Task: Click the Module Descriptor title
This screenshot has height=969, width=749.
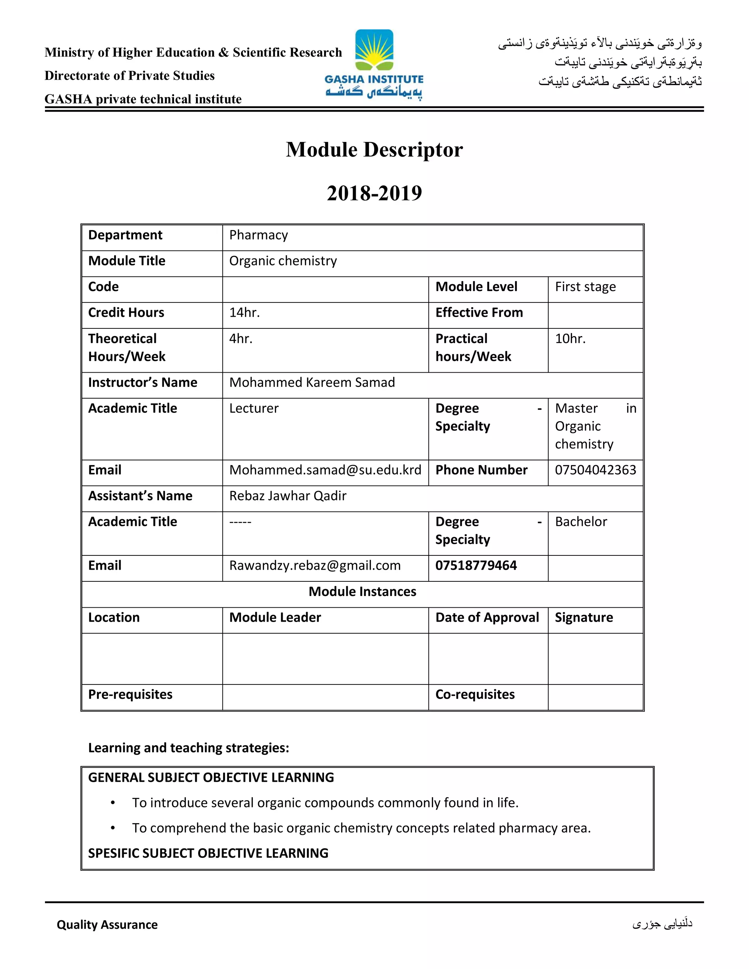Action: click(374, 150)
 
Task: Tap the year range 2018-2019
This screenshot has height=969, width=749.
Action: click(374, 193)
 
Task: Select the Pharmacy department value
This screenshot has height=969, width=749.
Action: click(258, 235)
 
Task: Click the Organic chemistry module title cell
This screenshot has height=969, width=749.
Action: click(283, 261)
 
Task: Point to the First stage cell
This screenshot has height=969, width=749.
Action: click(585, 287)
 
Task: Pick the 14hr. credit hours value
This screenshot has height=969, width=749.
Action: click(244, 313)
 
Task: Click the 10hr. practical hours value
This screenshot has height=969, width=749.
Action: click(570, 339)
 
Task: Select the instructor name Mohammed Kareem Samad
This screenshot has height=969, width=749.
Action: click(312, 382)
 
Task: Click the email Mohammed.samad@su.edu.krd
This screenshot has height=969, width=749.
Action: click(325, 470)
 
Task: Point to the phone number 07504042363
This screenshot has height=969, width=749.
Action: click(595, 470)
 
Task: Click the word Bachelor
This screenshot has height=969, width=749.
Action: click(580, 522)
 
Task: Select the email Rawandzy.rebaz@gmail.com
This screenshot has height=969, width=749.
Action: click(315, 566)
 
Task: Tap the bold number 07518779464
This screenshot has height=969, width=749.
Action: click(476, 566)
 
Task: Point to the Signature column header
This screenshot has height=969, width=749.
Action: click(583, 618)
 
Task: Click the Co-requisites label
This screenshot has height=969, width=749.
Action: click(475, 694)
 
